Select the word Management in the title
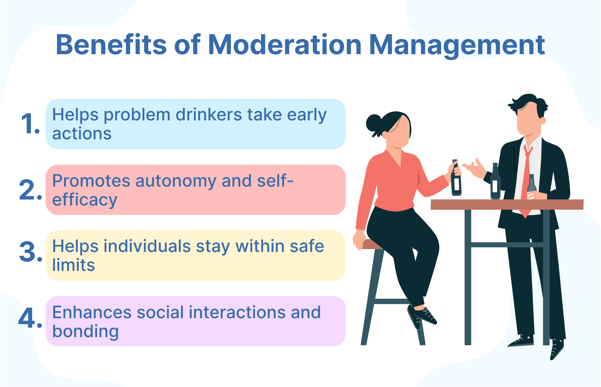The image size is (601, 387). [x=457, y=45]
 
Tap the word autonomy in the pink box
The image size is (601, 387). [x=176, y=181]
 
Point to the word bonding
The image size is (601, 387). [x=85, y=331]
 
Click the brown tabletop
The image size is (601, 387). [x=507, y=204]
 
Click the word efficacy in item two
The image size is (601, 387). [x=85, y=200]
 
